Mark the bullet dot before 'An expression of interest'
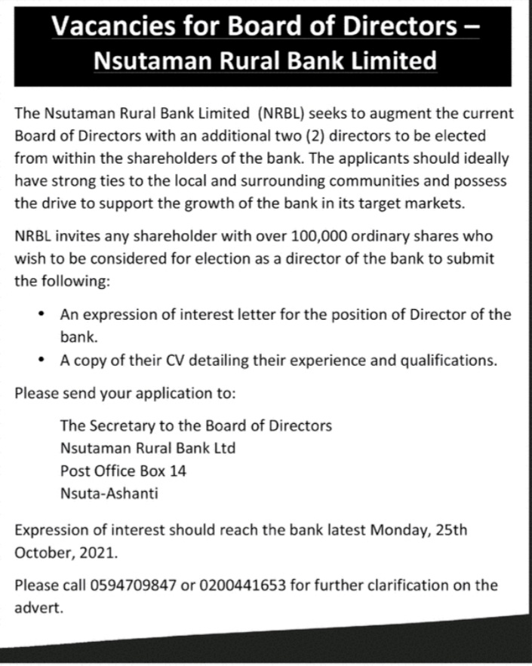point(42,314)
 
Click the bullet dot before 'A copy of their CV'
point(42,360)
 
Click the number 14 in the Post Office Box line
point(178,471)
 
